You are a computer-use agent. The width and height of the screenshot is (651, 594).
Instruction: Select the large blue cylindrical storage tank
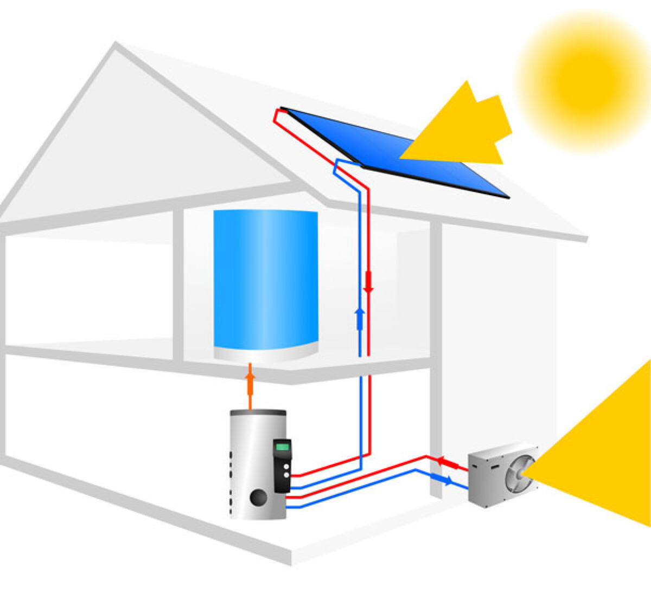265,279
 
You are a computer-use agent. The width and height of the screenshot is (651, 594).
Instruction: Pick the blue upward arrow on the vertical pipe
359,318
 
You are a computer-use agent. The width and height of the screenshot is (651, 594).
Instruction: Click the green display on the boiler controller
283,447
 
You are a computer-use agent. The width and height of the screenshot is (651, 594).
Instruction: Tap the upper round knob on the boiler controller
286,465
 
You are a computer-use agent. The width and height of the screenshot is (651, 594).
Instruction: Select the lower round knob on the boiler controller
286,475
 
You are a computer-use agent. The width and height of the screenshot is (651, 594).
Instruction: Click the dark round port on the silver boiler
258,496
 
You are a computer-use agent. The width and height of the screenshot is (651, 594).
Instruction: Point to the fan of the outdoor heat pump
519,472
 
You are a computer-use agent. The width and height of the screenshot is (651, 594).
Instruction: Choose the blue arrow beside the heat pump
446,480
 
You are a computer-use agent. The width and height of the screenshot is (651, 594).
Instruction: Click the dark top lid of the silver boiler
258,412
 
